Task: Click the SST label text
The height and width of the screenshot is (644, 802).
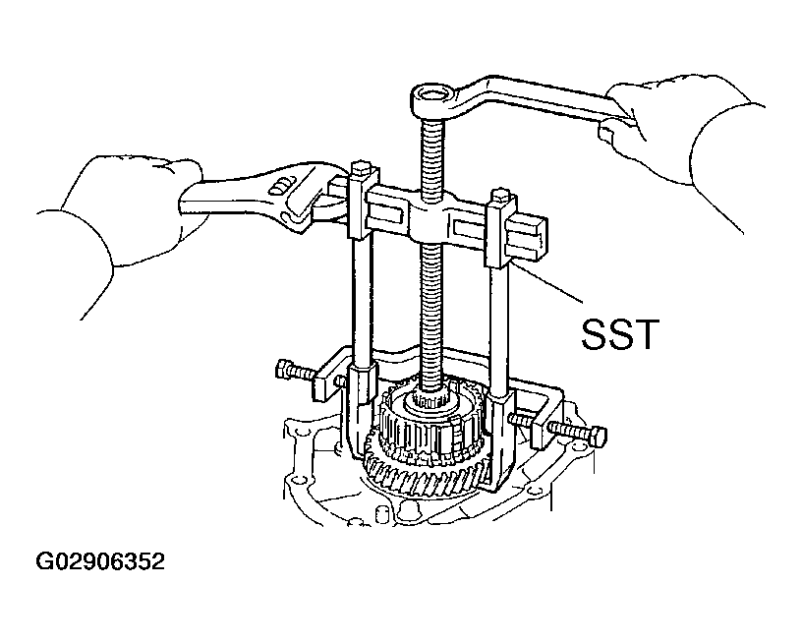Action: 620,334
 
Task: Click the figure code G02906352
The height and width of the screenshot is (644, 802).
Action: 100,561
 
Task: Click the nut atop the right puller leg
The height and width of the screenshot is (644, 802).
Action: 500,197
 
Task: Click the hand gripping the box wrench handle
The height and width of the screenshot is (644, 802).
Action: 665,118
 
